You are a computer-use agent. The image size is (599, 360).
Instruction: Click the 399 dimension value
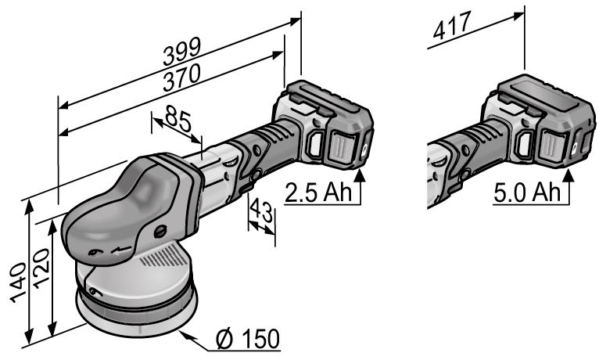(182, 52)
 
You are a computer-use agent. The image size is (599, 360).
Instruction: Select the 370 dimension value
(182, 77)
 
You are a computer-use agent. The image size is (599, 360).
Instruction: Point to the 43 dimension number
(262, 211)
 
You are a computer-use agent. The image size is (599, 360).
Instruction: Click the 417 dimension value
(451, 25)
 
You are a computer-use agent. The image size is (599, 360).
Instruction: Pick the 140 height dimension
(18, 283)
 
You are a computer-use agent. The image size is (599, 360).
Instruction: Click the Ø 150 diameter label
(248, 339)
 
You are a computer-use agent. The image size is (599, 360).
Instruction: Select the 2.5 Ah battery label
(317, 192)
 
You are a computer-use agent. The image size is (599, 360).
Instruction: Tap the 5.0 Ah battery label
(526, 192)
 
